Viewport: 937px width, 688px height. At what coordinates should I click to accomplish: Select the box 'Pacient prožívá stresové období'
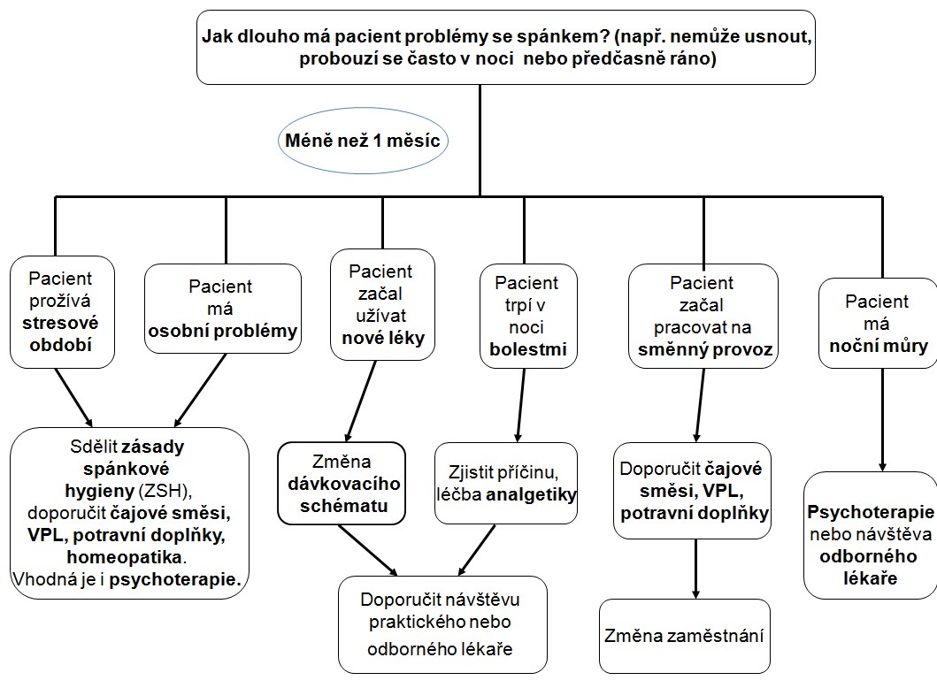62,312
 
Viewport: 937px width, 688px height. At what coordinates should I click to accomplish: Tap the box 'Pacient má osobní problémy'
223,308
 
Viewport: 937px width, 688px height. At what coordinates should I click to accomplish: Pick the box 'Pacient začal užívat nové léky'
382,304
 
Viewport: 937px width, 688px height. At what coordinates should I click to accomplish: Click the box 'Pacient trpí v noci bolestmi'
528,316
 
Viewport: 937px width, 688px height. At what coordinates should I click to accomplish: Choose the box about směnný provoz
703,316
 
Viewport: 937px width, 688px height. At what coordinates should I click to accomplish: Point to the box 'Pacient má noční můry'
878,323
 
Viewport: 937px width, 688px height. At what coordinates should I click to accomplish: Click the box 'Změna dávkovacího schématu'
342,483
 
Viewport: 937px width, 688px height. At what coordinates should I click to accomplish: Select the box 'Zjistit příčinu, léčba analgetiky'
506,483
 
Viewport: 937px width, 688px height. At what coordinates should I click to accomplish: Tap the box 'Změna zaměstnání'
685,636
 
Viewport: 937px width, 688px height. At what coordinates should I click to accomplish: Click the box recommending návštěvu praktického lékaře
442,624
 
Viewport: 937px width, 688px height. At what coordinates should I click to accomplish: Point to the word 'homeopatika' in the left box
124,557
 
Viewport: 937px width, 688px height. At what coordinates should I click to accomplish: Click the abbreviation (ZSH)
165,491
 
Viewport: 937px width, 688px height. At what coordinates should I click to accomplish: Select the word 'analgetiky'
531,494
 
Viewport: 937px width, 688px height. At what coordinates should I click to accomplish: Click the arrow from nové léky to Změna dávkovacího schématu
361,401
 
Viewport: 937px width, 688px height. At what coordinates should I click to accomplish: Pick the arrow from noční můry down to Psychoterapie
883,420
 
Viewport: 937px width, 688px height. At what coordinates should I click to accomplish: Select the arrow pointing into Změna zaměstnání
695,570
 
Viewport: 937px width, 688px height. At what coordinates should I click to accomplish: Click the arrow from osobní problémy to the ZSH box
200,390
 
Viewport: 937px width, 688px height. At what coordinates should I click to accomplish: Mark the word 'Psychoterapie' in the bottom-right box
871,512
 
